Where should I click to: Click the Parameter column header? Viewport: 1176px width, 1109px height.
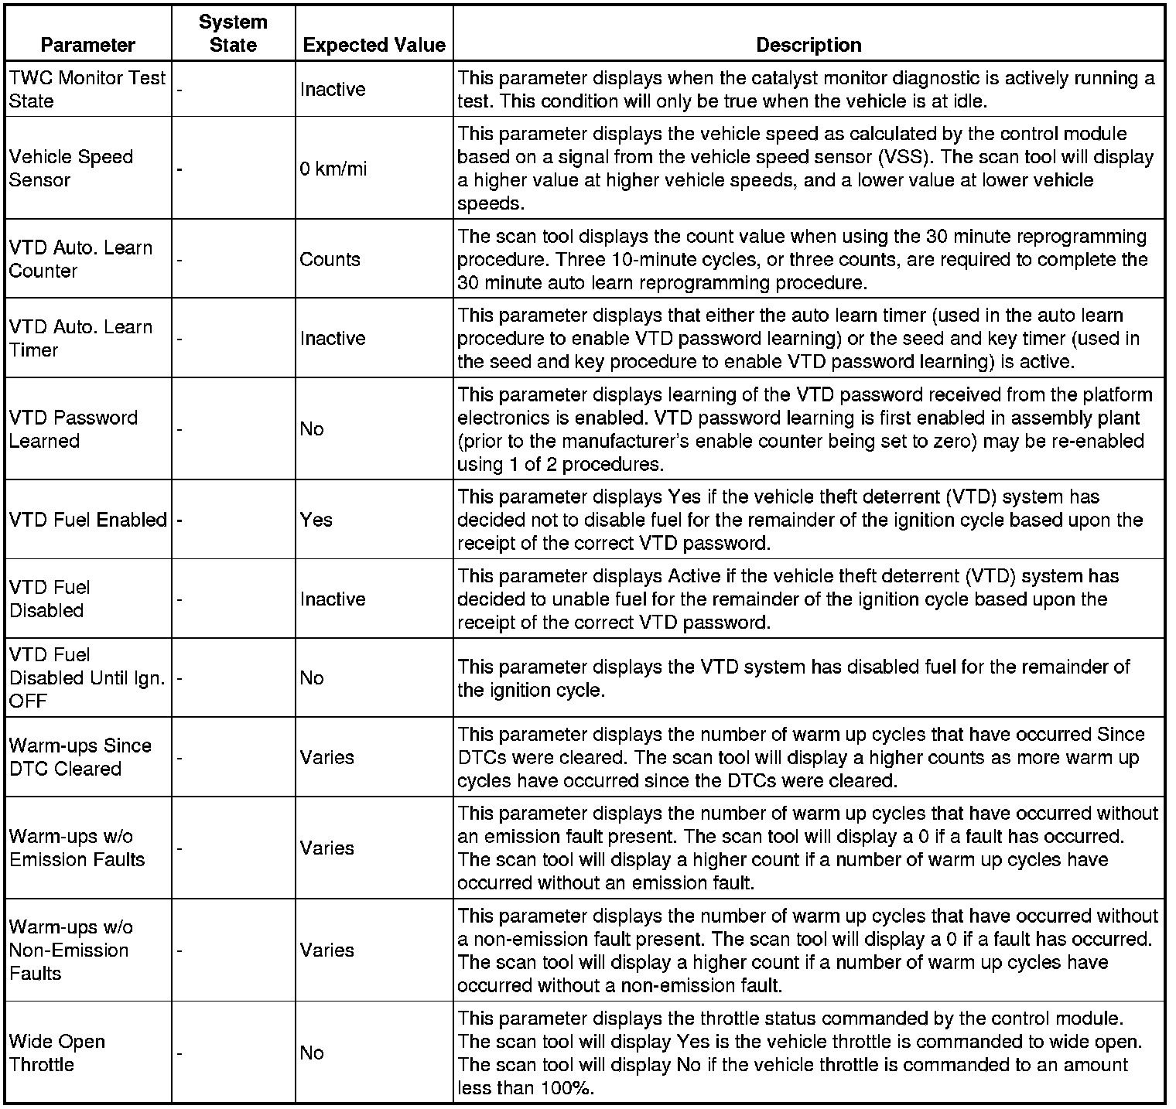pos(87,45)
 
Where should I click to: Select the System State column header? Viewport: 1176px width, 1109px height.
pos(233,33)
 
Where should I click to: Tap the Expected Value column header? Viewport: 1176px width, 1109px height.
pos(374,45)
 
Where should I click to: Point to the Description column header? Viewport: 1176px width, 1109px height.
pos(808,45)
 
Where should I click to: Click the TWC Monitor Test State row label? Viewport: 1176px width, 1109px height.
pos(87,89)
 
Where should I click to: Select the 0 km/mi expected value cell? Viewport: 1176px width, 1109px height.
pos(333,169)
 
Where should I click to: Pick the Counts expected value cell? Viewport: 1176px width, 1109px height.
pos(330,259)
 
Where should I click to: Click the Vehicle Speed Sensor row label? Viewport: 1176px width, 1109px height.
pos(71,169)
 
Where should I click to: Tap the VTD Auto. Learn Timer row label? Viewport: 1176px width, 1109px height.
pos(80,338)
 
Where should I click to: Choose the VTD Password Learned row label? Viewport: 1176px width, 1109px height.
pos(73,429)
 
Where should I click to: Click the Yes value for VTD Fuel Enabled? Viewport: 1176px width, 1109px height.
pos(316,520)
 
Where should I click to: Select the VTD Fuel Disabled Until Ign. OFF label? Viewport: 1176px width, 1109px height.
pos(87,677)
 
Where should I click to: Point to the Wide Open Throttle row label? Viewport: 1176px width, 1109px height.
pos(57,1053)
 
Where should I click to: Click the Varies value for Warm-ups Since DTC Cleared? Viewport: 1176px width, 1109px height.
pos(326,757)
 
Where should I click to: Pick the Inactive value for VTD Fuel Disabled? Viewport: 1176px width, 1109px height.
pos(333,599)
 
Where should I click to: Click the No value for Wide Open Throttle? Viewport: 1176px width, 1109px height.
pos(312,1053)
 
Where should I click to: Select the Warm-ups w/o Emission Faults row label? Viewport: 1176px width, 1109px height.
pos(77,848)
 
